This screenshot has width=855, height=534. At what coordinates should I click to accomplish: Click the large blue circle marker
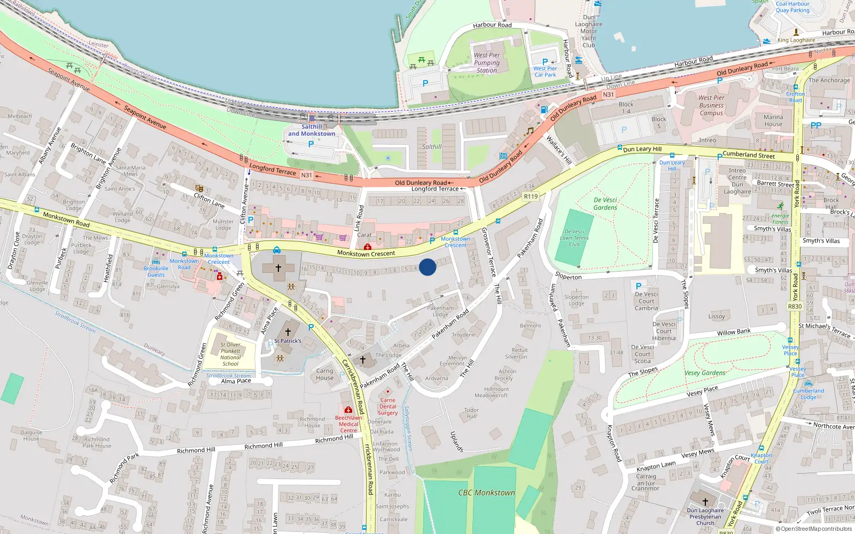click(428, 267)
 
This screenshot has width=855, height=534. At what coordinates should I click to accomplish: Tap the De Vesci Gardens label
click(605, 203)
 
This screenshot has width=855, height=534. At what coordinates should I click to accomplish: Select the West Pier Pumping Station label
click(487, 62)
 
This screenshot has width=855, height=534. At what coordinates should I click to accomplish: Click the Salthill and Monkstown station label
click(312, 130)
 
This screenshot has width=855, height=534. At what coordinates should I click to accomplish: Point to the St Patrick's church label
click(287, 341)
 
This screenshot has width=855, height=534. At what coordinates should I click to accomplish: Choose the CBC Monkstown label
click(487, 493)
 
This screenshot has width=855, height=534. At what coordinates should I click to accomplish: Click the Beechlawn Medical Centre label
click(348, 424)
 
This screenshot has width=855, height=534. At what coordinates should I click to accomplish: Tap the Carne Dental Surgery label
click(388, 406)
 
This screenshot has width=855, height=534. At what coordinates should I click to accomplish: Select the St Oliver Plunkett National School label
click(230, 354)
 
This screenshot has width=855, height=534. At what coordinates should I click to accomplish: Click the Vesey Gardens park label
click(705, 373)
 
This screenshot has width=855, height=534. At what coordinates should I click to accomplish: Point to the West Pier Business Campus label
click(711, 105)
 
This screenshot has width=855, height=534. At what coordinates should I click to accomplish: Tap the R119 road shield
click(531, 197)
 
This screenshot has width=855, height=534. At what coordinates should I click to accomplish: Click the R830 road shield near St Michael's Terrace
click(795, 307)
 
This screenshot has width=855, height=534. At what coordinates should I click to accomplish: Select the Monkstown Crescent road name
click(367, 254)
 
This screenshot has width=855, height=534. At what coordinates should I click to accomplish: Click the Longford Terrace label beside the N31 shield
click(273, 170)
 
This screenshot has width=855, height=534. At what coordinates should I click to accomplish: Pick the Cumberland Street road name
click(749, 155)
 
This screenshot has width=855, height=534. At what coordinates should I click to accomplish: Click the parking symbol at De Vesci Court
click(638, 286)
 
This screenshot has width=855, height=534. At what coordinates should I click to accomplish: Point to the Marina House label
click(773, 121)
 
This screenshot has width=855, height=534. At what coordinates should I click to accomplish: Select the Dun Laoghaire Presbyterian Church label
click(705, 516)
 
